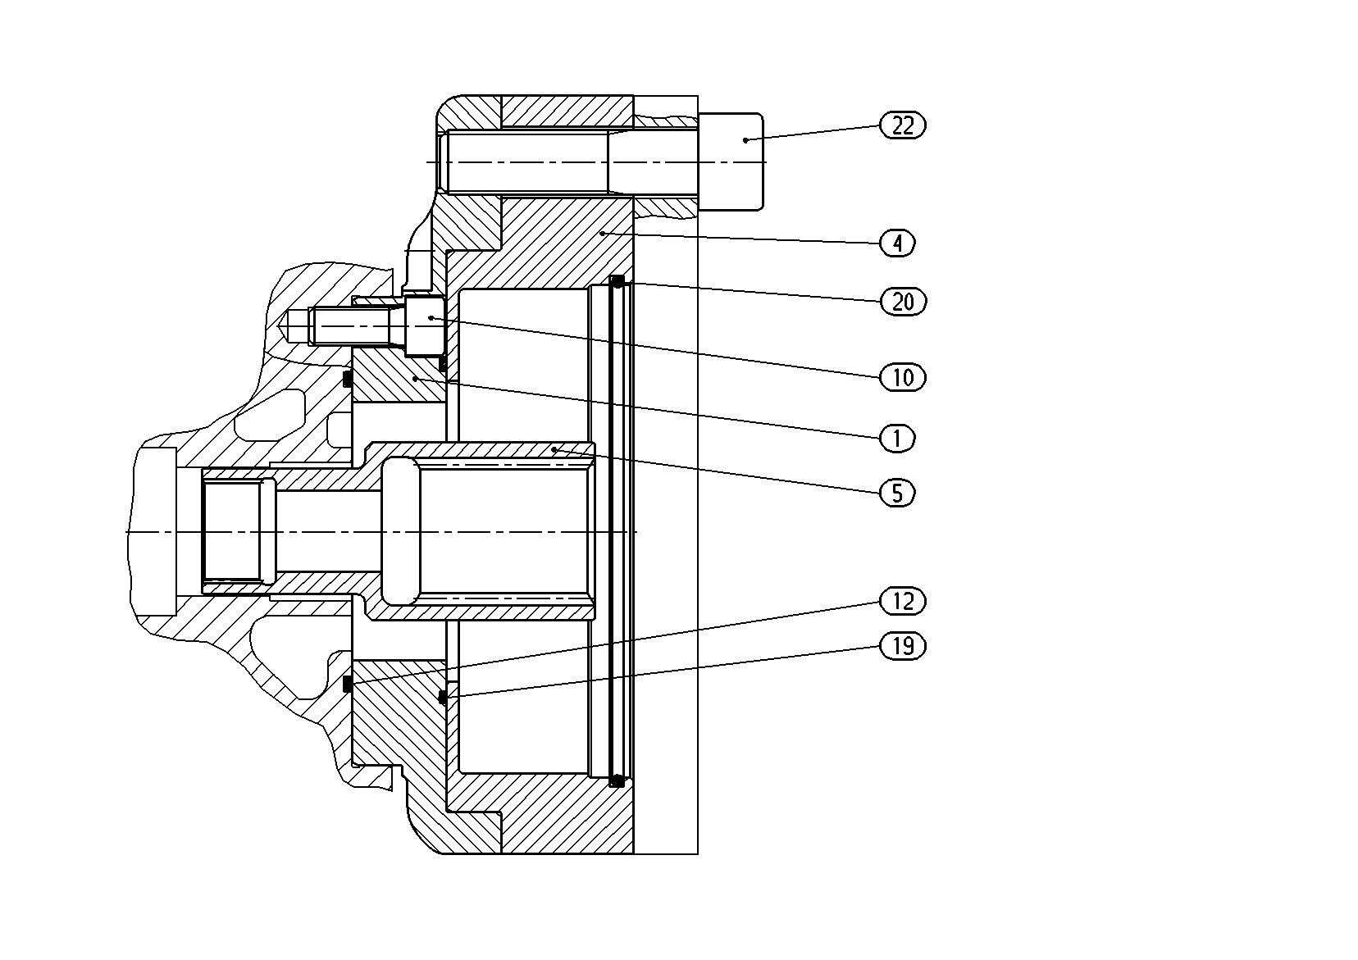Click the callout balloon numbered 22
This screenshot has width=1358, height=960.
click(903, 125)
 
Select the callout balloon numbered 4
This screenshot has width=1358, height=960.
click(897, 243)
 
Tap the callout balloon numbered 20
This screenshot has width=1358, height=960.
click(903, 301)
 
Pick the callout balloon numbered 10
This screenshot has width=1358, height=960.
click(903, 378)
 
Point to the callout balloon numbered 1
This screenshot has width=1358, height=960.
click(897, 438)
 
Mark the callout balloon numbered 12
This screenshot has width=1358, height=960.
click(903, 601)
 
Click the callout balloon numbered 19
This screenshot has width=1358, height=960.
click(903, 646)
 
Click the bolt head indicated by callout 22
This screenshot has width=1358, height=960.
click(731, 162)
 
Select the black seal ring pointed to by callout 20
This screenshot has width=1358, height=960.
click(617, 282)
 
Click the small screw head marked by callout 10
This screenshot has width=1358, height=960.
click(425, 325)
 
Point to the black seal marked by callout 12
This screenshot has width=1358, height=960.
click(348, 684)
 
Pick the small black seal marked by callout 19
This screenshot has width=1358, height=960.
click(443, 698)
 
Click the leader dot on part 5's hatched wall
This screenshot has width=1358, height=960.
click(554, 450)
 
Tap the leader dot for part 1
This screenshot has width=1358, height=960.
click(415, 378)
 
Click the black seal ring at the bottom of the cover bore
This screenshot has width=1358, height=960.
click(617, 780)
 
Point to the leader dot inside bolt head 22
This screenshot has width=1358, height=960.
click(745, 141)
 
